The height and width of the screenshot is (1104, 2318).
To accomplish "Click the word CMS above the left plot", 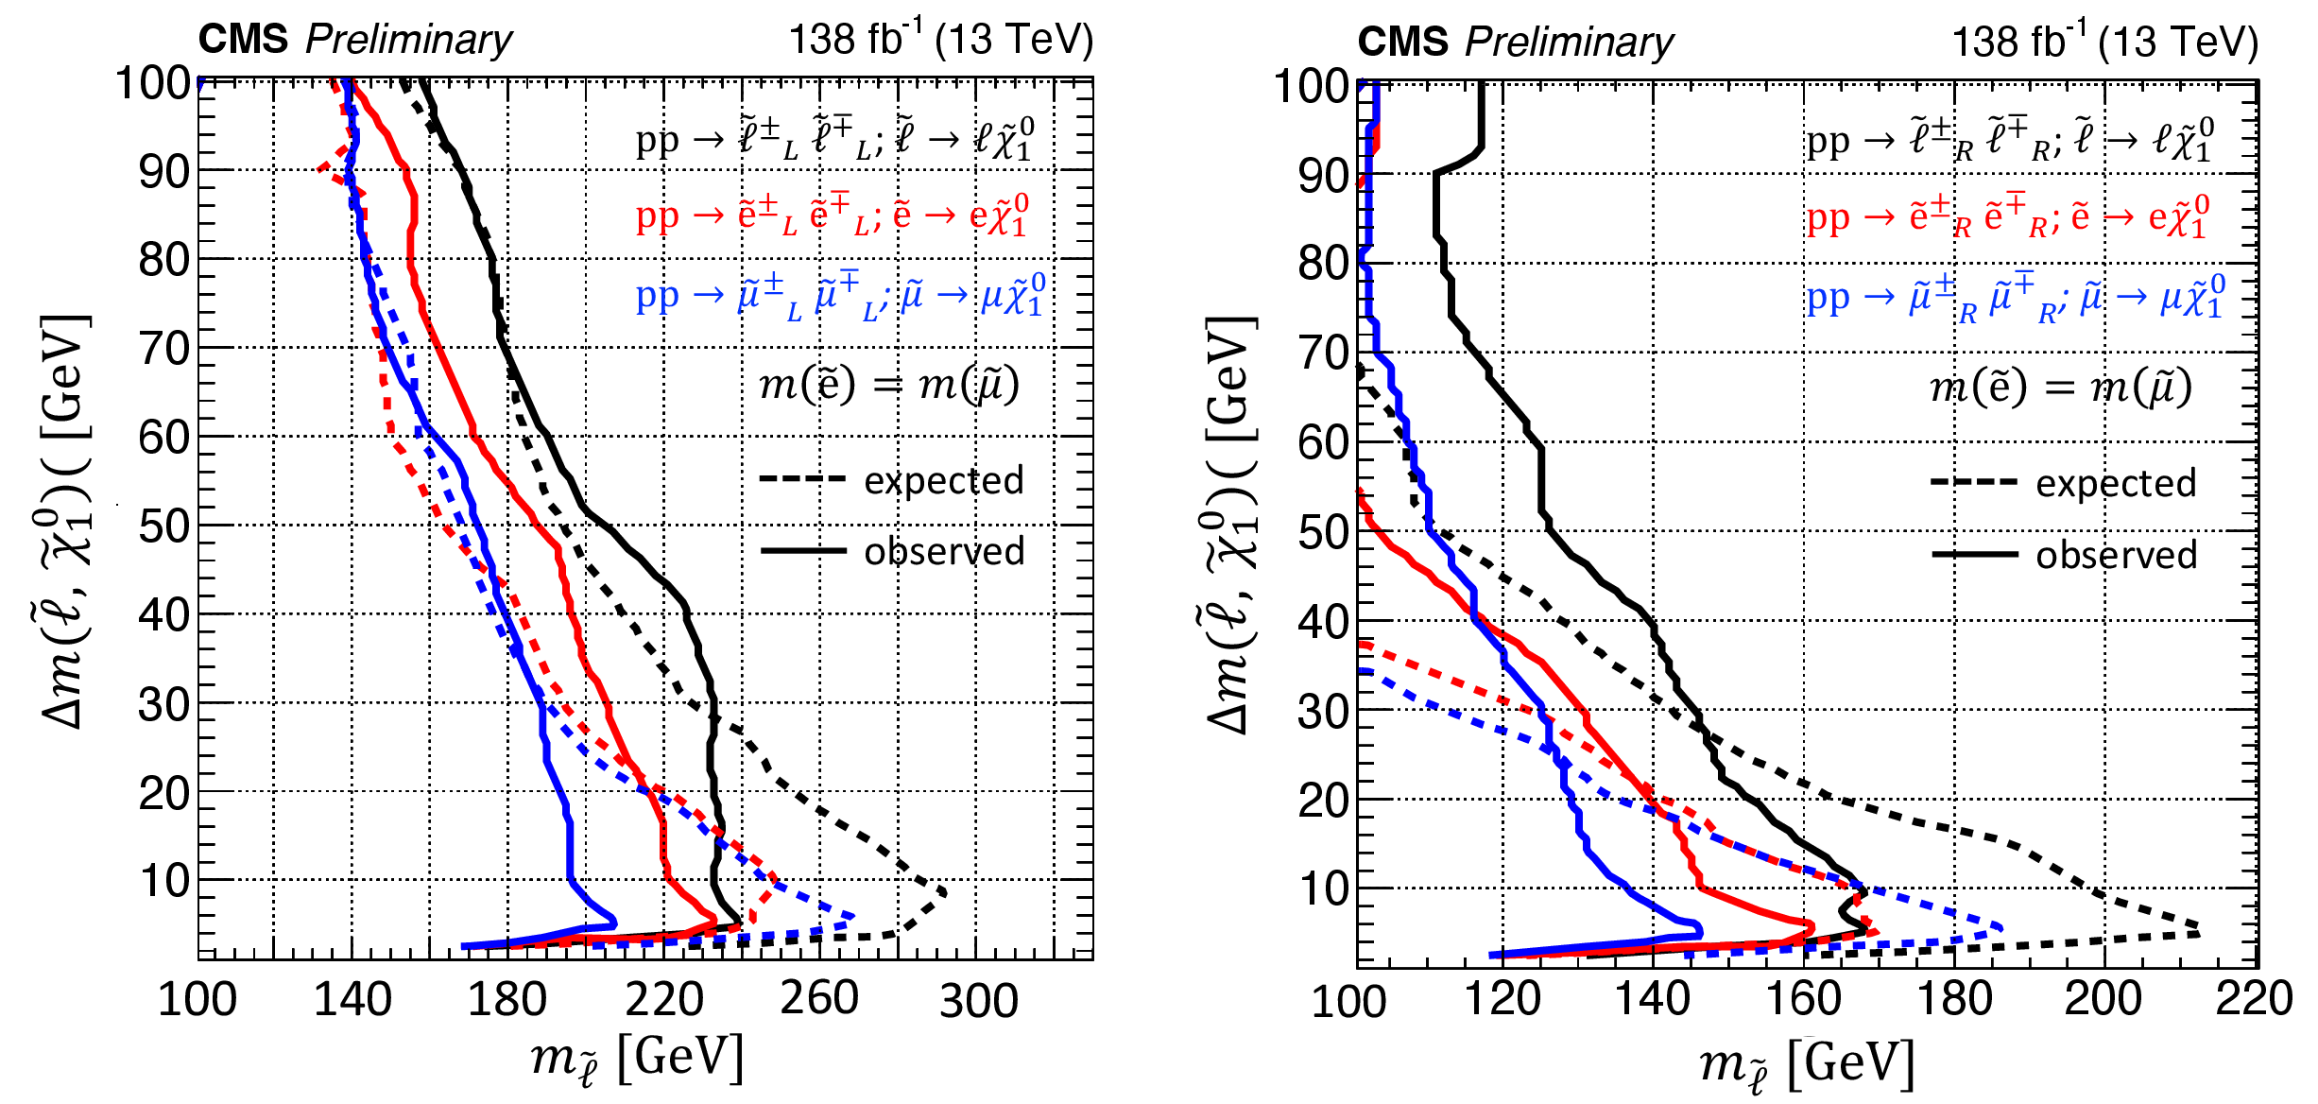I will tap(243, 40).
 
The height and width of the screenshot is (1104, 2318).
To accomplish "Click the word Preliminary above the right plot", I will tap(1569, 43).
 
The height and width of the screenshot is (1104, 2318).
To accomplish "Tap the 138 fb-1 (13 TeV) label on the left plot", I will tap(940, 40).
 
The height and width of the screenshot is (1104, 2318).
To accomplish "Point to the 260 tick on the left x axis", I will tap(818, 998).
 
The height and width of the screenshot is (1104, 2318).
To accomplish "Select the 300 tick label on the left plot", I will tap(979, 1000).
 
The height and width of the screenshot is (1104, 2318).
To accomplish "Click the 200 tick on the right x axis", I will tap(2103, 998).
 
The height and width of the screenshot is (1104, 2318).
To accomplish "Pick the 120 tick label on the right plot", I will tap(1502, 998).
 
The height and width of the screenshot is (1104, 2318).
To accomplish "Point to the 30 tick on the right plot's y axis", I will tap(1323, 711).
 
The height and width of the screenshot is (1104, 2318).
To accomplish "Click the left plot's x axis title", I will tap(637, 1059).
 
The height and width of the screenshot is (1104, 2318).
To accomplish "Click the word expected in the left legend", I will tap(943, 480).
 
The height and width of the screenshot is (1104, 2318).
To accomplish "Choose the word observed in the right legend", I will tap(2116, 555).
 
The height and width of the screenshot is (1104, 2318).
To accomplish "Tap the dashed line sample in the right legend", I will tap(1973, 482).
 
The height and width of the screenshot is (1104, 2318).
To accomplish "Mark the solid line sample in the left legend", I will tap(802, 550).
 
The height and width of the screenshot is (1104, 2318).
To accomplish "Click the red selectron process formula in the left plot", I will tap(832, 216).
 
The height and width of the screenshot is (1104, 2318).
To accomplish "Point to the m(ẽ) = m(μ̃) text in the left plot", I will tap(888, 384).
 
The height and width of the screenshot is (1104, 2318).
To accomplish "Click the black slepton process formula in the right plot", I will tap(2009, 140).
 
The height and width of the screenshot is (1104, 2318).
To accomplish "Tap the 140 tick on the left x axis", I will tap(352, 998).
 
